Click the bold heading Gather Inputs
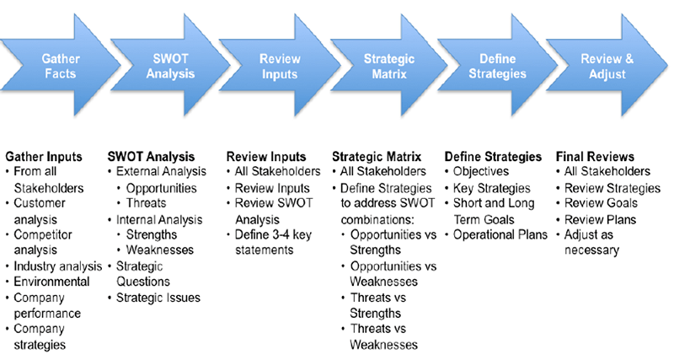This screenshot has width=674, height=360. click(43, 156)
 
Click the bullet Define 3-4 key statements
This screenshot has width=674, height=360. click(275, 241)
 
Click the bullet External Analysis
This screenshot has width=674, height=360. click(160, 171)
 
